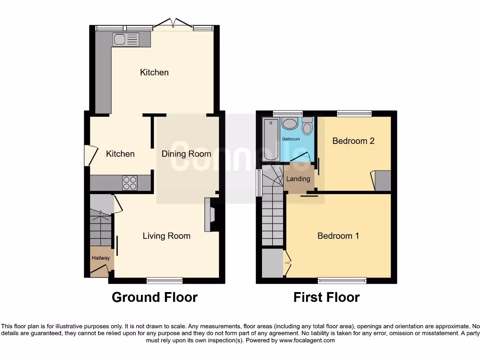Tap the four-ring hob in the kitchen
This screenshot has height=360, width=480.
click(x=129, y=182)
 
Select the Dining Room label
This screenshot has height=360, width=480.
click(x=186, y=154)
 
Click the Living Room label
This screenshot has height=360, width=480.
click(x=166, y=236)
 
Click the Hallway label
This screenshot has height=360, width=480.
click(x=100, y=258)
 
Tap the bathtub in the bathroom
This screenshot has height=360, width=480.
click(x=271, y=140)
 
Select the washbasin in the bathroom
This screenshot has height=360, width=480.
click(x=290, y=125)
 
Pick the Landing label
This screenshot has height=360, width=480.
click(x=298, y=179)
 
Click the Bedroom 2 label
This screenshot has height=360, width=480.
click(x=353, y=141)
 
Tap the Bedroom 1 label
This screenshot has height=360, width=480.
click(x=338, y=236)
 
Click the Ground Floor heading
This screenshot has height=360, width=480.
click(x=154, y=297)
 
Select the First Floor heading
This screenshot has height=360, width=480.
click(x=326, y=297)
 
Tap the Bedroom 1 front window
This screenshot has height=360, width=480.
click(x=342, y=281)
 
